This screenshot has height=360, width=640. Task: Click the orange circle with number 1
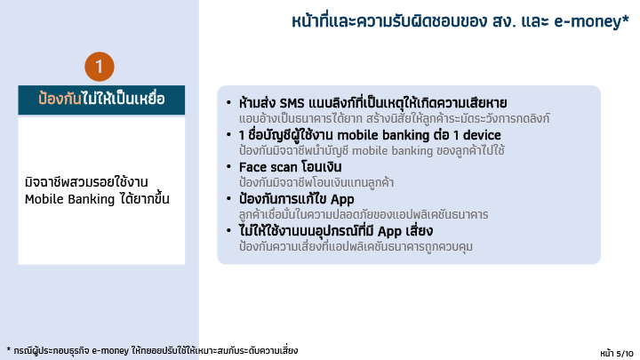pyautogui.click(x=100, y=67)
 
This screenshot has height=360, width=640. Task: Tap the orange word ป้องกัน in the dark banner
pyautogui.click(x=60, y=99)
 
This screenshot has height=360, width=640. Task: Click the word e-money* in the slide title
pyautogui.click(x=591, y=21)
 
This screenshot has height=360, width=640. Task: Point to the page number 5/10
pyautogui.click(x=625, y=353)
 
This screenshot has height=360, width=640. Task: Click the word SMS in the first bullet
pyautogui.click(x=292, y=103)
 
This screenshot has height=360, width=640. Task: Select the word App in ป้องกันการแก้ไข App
pyautogui.click(x=342, y=200)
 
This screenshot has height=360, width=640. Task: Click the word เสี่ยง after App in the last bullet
pyautogui.click(x=419, y=231)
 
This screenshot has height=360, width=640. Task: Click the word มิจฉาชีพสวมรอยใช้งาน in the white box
pyautogui.click(x=86, y=182)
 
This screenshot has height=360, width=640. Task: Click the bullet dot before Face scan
pyautogui.click(x=228, y=166)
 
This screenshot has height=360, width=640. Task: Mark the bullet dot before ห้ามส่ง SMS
pyautogui.click(x=228, y=102)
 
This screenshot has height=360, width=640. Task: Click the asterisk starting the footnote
pyautogui.click(x=9, y=350)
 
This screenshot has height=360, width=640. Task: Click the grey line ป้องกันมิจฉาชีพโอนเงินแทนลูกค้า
pyautogui.click(x=316, y=182)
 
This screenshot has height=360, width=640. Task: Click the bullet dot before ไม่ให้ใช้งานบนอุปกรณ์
pyautogui.click(x=228, y=230)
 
